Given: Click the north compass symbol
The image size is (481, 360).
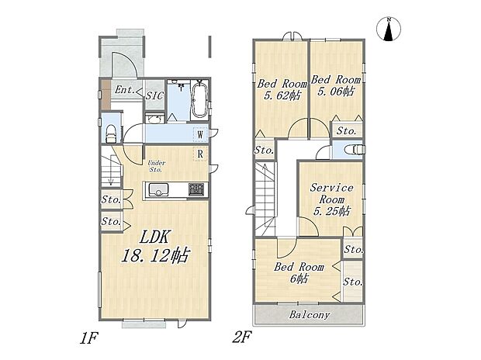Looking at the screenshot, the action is (389, 29).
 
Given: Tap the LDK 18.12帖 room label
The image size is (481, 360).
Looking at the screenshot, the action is (155, 247).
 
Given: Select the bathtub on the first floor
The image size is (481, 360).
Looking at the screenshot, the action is (199, 99).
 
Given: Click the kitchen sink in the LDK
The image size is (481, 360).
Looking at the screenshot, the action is (158, 190).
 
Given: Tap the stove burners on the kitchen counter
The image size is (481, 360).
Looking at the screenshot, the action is (196, 189).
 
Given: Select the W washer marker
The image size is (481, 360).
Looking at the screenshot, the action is (200, 134).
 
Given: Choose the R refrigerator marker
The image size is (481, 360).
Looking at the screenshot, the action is (200, 154).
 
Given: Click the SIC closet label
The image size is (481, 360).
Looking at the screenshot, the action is (154, 95).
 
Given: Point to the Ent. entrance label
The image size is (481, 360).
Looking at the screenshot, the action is (125, 90).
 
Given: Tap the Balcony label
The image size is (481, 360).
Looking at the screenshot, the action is (310, 315).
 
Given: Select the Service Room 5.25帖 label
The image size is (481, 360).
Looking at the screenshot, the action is (331, 199).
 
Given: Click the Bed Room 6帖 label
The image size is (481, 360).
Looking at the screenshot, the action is (299, 272).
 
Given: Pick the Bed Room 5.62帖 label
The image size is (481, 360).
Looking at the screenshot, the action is (282, 89).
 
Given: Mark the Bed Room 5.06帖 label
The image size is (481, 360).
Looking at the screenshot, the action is (336, 85).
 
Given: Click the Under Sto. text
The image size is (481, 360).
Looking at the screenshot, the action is (157, 166).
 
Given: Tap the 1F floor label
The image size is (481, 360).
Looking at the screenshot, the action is (88, 338).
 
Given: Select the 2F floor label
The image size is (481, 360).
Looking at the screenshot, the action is (242, 338).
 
